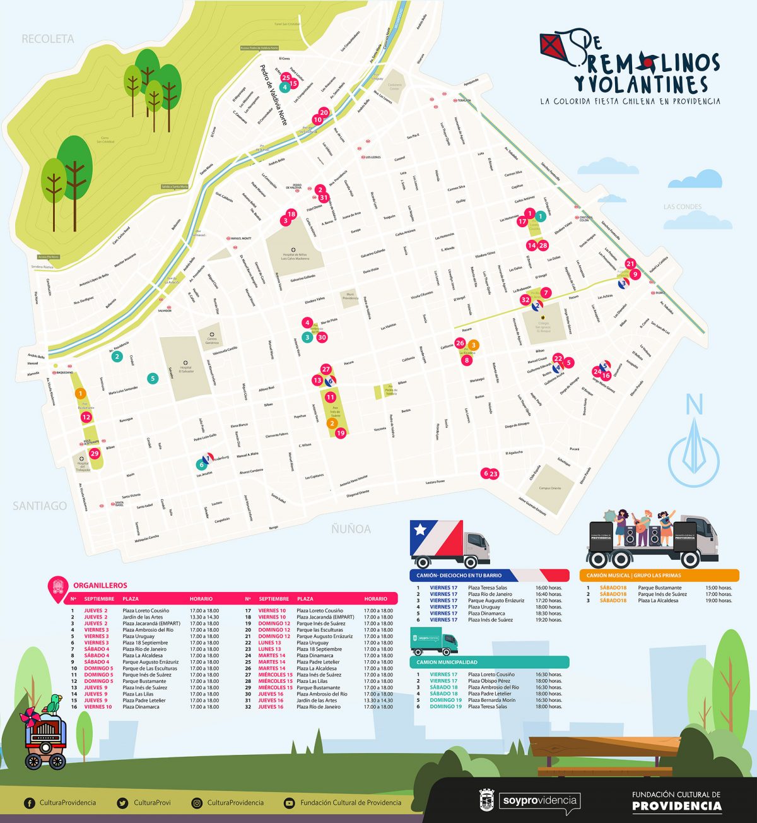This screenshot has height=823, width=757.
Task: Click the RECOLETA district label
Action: tap(48, 39)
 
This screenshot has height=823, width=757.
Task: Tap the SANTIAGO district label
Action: tap(40, 506)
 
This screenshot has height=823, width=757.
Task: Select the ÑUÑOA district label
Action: tap(351, 529)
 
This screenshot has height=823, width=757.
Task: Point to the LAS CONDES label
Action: tap(683, 207)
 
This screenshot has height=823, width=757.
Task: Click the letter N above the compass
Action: tap(695, 405)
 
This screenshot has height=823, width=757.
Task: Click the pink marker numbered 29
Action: tap(95, 453)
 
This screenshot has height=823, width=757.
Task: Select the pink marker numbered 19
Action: tap(341, 433)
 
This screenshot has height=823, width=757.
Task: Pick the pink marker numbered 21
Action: tap(630, 264)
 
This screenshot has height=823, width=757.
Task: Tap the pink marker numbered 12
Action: tap(86, 417)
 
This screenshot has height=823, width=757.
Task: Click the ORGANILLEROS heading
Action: tap(100, 585)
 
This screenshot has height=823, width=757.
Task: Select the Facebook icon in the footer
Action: tap(29, 803)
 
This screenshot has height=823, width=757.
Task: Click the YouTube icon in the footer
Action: tap(290, 803)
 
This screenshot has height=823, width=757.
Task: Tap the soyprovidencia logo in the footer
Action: tap(539, 801)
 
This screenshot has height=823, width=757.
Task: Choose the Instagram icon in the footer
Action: tap(197, 803)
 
